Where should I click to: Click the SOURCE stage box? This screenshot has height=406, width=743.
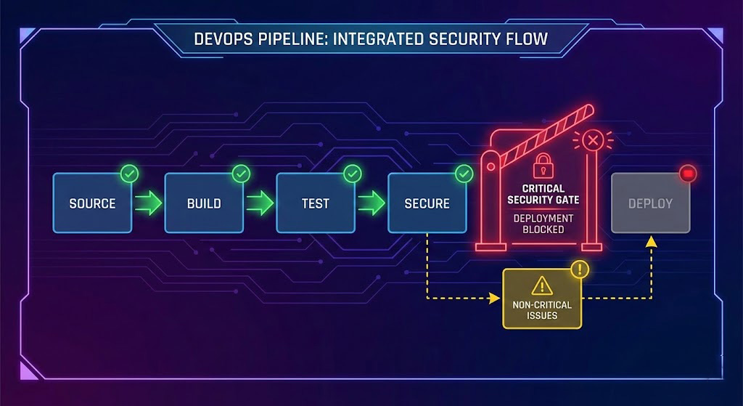92,203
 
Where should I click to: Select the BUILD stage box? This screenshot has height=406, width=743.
204,203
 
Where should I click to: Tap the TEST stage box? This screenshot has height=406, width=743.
316,203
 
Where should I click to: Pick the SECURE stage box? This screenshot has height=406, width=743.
427,203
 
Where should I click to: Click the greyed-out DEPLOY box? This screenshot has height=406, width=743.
650,203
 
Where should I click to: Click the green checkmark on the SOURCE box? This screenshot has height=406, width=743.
130,174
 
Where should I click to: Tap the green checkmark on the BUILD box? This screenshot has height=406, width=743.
241,174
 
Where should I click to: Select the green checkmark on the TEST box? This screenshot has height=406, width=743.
352,174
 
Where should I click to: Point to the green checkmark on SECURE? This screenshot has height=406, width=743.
464,174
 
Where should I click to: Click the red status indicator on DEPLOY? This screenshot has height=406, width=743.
687,174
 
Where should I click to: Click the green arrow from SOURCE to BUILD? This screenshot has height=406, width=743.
148,203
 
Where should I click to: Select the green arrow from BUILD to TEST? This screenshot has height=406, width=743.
260,203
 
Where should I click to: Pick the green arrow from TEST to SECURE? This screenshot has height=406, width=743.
371,203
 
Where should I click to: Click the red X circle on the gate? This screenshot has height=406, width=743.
592,140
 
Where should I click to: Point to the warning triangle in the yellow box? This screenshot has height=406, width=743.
542,285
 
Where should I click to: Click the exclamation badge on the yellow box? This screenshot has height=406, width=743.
580,270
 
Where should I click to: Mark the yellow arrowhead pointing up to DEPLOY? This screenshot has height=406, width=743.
651,240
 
